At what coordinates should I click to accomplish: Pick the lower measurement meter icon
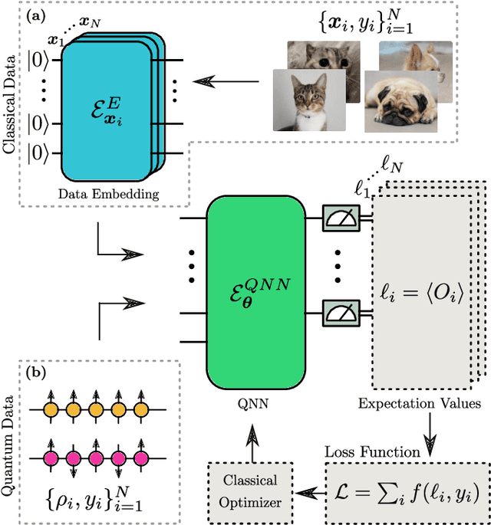(338, 312)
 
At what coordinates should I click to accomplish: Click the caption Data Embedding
(108, 194)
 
